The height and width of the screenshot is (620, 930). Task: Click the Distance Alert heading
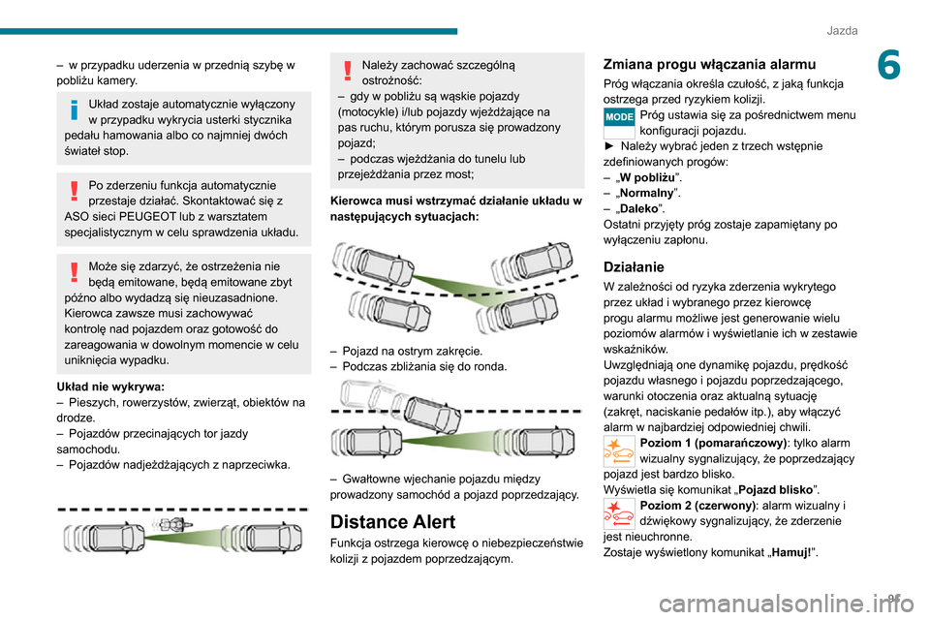pyautogui.click(x=393, y=522)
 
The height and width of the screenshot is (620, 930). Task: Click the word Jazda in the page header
pyautogui.click(x=842, y=31)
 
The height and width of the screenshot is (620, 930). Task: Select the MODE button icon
pyautogui.click(x=618, y=116)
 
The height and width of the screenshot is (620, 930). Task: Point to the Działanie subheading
pyautogui.click(x=634, y=265)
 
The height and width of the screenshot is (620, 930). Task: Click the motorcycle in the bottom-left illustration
pyautogui.click(x=172, y=525)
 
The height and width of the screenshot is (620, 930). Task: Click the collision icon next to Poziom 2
pyautogui.click(x=618, y=512)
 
